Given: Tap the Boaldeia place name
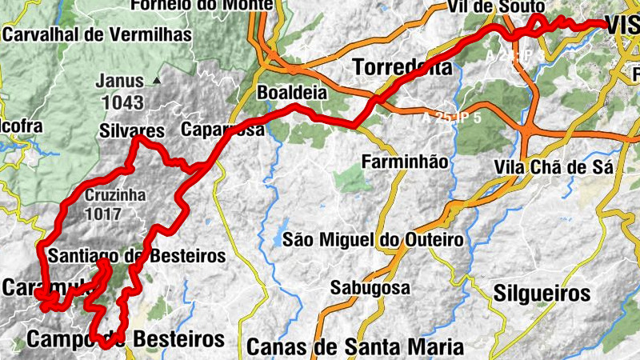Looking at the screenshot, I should tap(292, 93).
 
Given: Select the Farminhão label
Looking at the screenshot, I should tap(404, 162).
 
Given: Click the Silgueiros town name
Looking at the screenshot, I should tap(542, 292).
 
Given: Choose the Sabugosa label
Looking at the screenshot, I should tap(370, 287).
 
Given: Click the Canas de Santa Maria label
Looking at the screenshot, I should tap(355, 347).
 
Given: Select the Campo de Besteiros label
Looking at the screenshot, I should tap(126, 338).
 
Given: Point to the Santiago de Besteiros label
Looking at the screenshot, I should tap(137, 257).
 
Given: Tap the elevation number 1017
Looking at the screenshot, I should tap(106, 214).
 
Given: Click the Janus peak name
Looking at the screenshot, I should tap(119, 81).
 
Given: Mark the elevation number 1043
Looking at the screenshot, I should tap(122, 102).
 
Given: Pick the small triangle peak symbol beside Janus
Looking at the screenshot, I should tap(158, 81).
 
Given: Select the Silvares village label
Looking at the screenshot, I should tap(133, 130).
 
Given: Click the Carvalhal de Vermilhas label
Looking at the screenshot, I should tap(98, 35).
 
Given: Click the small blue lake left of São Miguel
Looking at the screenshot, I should tap(275, 239).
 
